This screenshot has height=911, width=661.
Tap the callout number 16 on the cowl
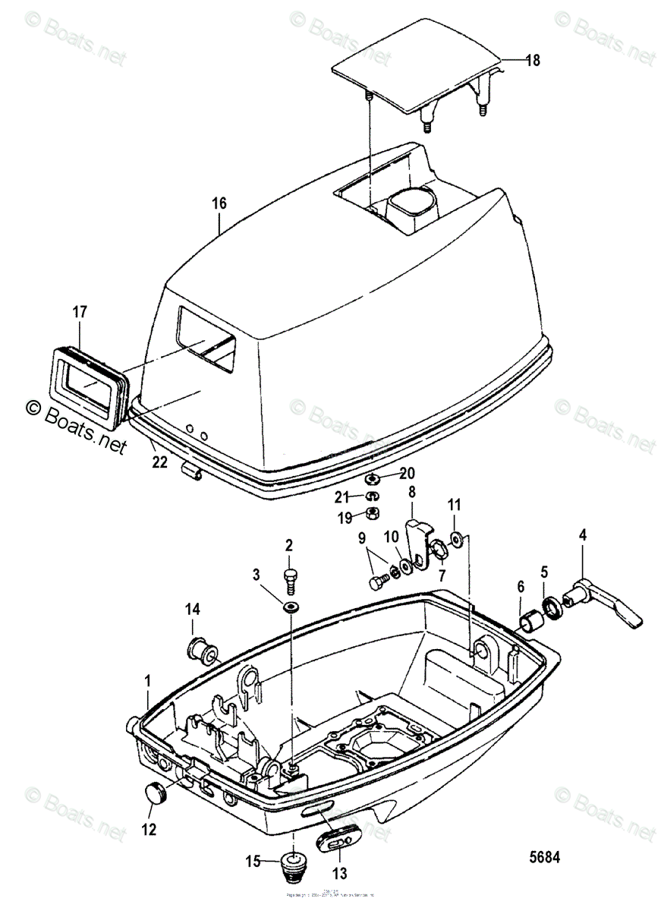(219, 203)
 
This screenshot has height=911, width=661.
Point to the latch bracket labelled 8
(417, 542)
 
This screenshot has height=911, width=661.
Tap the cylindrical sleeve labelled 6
(530, 620)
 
